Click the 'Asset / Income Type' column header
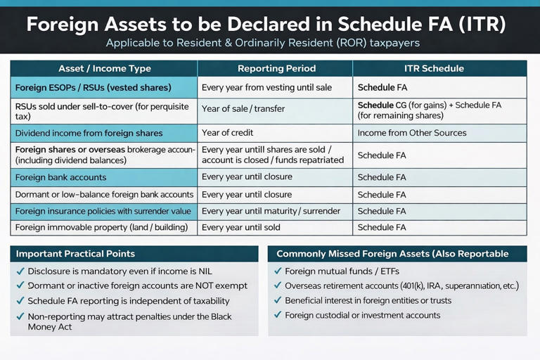pyautogui.click(x=104, y=68)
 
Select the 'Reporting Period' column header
pyautogui.click(x=276, y=68)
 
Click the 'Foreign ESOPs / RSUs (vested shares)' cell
pyautogui.click(x=93, y=88)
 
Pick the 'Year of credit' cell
pyautogui.click(x=227, y=133)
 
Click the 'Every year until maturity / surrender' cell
pyautogui.click(x=271, y=211)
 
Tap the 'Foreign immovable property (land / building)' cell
pyautogui.click(x=101, y=227)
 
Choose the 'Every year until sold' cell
pyautogui.click(x=240, y=227)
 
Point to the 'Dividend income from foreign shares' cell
pyautogui.click(x=89, y=133)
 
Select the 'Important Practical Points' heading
pyautogui.click(x=75, y=253)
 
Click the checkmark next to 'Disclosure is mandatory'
pyautogui.click(x=19, y=271)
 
